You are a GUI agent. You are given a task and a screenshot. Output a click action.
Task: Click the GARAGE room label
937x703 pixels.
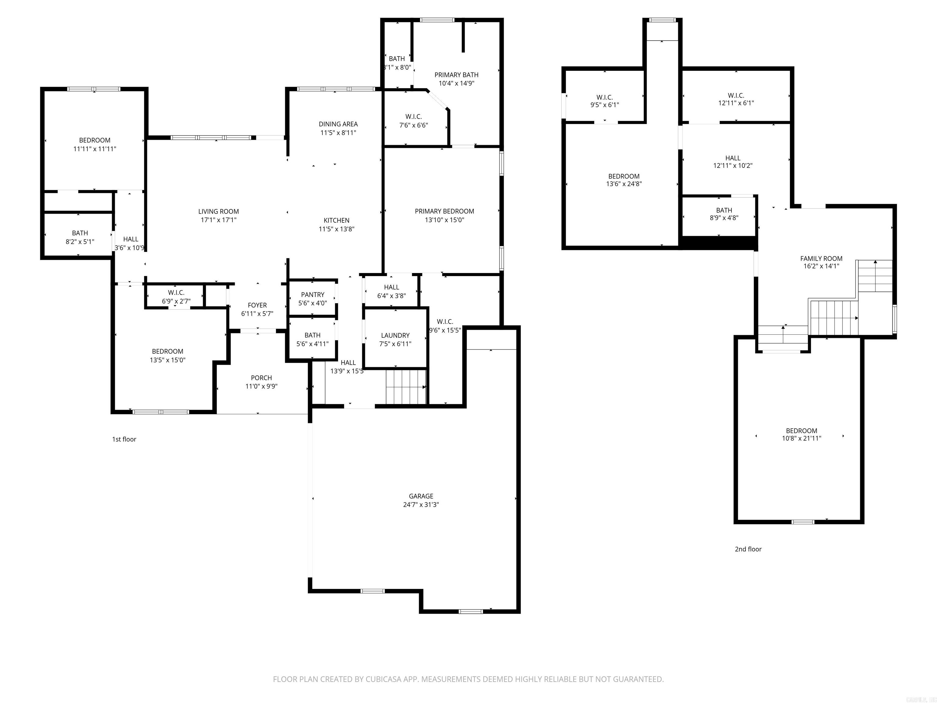coord(421,496)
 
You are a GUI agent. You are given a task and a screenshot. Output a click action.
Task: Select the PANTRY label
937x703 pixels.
coord(313,294)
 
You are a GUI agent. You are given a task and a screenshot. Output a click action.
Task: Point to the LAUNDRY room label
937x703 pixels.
coord(395,335)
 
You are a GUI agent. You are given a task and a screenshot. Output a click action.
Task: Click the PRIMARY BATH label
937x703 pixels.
coord(456,74)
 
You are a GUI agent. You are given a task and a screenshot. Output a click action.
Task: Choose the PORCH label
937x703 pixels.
coord(261,377)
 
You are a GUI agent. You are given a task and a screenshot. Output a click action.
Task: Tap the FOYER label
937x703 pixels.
coord(257,305)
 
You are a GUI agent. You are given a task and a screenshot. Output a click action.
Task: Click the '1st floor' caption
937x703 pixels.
coord(124,439)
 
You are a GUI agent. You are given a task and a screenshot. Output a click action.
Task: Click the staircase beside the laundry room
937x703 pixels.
coord(406,387)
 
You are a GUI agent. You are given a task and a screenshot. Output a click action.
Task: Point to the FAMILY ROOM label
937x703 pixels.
coord(821,258)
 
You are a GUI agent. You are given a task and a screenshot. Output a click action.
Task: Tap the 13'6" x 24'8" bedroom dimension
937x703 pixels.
coord(624,184)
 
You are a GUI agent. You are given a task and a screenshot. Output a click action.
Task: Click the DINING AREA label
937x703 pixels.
coord(338,124)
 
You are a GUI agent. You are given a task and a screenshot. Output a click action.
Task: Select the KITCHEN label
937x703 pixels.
coord(336,220)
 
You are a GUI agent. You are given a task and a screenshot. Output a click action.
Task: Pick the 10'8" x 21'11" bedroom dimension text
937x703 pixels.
coord(802,438)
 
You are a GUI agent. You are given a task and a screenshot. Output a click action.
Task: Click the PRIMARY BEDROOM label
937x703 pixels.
coord(444,211)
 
